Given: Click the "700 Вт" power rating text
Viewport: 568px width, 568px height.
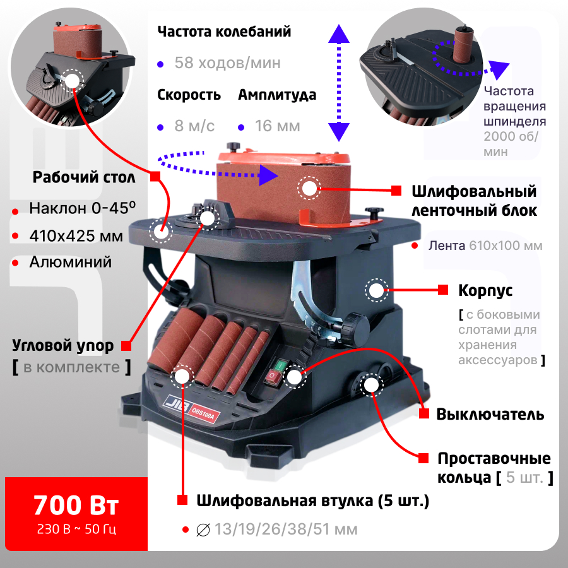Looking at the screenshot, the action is point(76,505).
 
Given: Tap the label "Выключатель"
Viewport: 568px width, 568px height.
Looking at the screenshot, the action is point(490,415).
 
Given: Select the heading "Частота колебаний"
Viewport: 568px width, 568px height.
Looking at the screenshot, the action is point(224,32).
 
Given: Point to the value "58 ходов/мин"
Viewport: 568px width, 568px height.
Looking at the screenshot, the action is point(227,63).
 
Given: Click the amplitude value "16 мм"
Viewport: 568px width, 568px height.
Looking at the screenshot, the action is point(278,126).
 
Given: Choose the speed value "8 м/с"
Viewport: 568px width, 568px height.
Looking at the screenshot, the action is point(194,126).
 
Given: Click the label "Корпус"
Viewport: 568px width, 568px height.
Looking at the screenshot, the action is point(485,291).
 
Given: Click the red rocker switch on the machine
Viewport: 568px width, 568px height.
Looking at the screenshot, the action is point(273,377).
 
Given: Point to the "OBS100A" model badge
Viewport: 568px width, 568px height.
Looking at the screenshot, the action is point(203,413).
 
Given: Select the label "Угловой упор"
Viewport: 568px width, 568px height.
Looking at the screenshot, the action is point(62,346).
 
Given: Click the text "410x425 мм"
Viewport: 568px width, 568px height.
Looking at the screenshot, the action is point(76,236).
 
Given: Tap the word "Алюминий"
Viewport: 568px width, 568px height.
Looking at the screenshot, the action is point(71,263).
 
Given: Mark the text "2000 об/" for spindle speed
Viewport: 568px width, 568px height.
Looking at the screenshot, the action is point(511,136).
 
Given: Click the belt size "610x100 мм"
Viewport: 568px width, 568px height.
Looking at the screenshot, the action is point(506,246).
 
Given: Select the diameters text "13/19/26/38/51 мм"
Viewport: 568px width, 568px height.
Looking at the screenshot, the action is point(286,530).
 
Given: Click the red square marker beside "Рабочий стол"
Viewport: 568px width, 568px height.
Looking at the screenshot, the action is point(155,177).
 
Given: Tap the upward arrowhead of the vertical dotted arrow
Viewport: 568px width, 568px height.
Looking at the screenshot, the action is point(339,34).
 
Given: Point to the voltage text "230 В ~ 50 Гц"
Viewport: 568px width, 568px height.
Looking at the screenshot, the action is point(76,530).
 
